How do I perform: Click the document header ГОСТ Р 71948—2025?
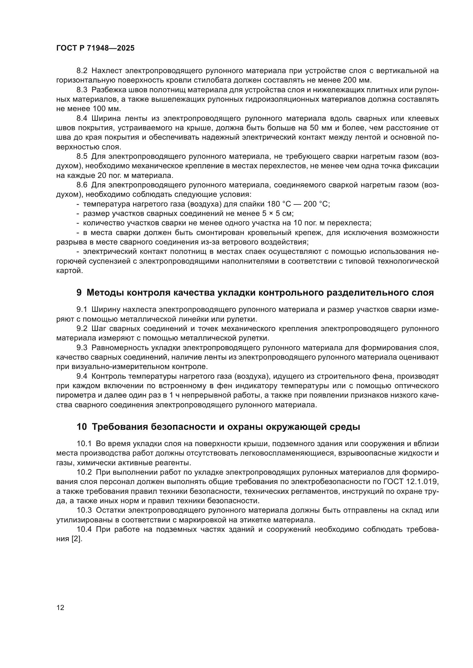pos(95,48)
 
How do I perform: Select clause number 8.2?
pos(82,71)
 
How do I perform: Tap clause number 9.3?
pos(82,348)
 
